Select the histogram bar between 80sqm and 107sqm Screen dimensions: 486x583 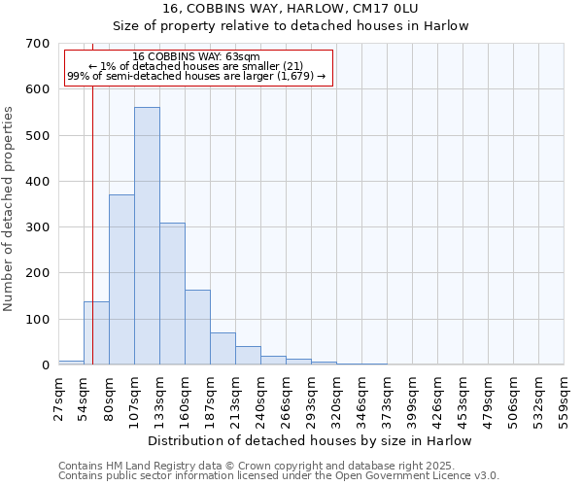click(121, 280)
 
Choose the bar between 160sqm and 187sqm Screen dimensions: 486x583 click(197, 328)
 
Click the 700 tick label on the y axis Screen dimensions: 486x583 click(38, 44)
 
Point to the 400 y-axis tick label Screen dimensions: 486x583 click(38, 182)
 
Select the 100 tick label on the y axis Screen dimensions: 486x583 click(38, 320)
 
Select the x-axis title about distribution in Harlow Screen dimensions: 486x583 click(311, 440)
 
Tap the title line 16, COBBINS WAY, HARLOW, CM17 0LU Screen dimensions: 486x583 click(311, 9)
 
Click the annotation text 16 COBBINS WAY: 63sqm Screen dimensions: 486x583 click(196, 57)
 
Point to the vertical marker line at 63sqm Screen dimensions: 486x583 click(92, 194)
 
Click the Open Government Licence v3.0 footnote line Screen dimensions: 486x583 click(279, 475)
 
